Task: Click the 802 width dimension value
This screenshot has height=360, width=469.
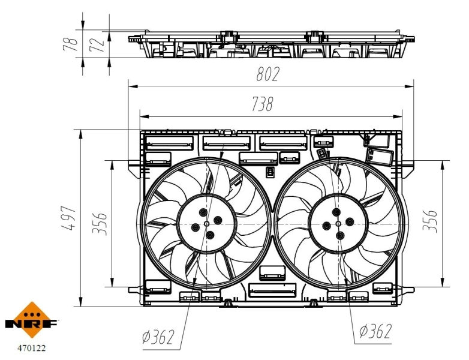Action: [267, 74]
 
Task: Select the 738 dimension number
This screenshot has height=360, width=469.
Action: [261, 105]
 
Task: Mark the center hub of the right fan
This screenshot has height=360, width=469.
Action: [338, 223]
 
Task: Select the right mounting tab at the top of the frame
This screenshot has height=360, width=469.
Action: [317, 131]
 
